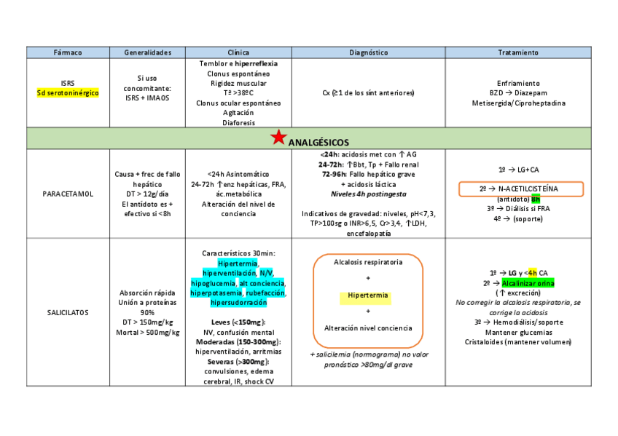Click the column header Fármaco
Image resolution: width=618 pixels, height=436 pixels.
[x=68, y=52]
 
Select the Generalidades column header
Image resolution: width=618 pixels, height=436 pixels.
[x=147, y=52]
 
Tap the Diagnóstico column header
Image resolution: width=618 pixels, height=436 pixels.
[x=368, y=52]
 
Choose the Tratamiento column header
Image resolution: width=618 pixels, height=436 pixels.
[x=518, y=52]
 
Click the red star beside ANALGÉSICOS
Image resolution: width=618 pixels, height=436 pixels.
[x=278, y=138]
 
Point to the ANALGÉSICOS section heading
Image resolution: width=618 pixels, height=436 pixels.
[x=318, y=142]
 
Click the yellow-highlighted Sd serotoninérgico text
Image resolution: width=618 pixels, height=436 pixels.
[x=68, y=92]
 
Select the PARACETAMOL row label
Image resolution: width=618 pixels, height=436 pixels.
[x=68, y=194]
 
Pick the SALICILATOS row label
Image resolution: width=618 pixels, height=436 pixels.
[x=68, y=312]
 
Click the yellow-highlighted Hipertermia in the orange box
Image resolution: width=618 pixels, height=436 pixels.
[x=367, y=297]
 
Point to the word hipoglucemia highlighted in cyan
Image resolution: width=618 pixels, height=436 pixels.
[x=213, y=282]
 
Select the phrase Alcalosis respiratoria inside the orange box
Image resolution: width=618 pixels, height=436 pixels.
[x=367, y=262]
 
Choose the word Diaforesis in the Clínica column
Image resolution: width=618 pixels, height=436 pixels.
[x=238, y=123]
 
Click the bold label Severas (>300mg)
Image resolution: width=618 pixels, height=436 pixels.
[x=238, y=361]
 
